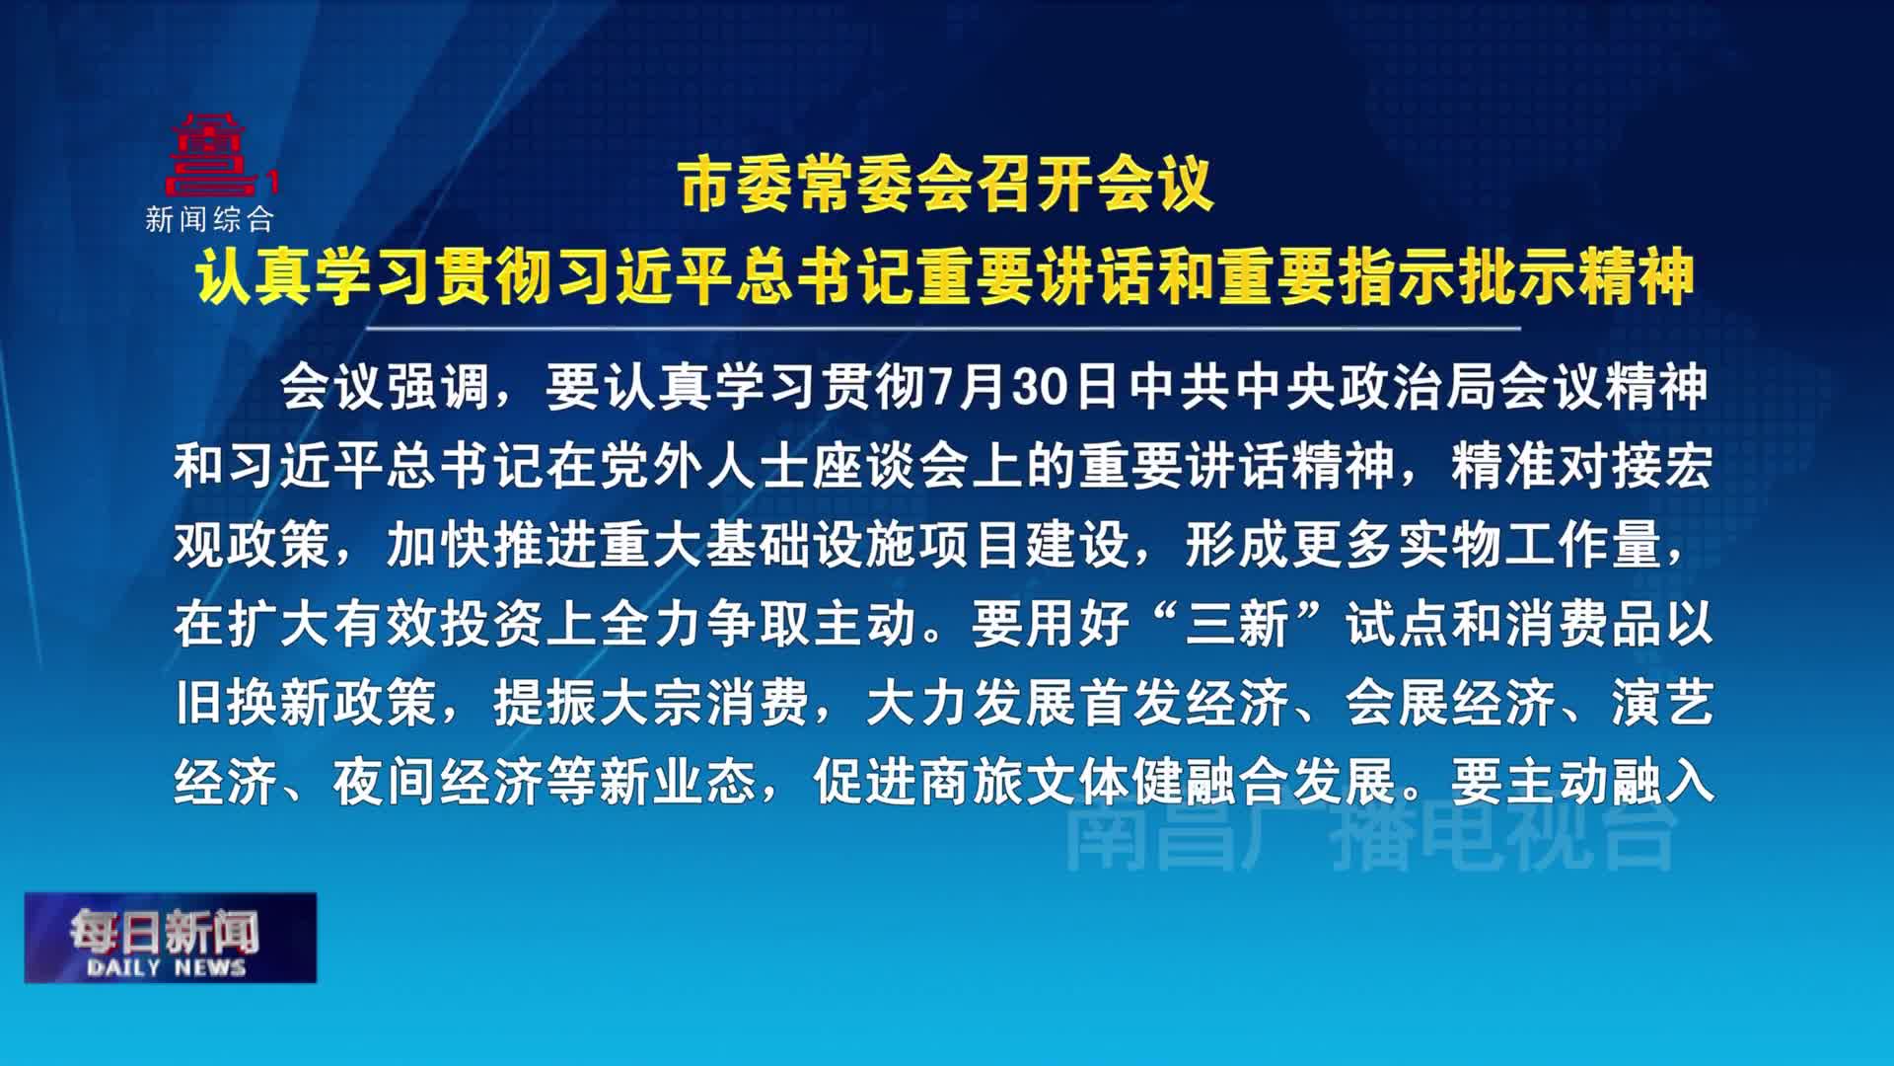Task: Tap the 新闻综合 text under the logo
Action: tap(210, 219)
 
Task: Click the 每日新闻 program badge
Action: tap(171, 938)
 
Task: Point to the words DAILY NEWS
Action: tap(166, 967)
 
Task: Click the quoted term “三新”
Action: tap(1238, 624)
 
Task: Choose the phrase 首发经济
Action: tap(1184, 703)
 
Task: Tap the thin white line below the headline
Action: tap(942, 328)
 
